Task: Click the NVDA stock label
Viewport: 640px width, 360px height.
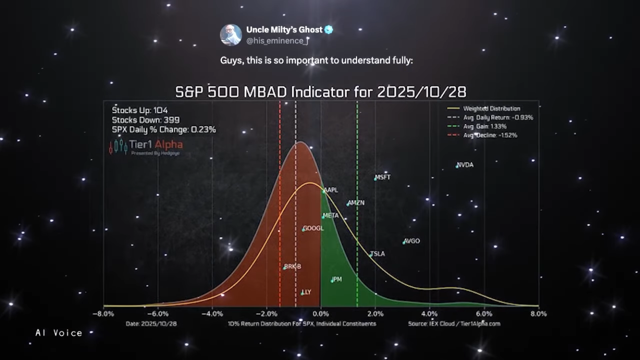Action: (x=465, y=165)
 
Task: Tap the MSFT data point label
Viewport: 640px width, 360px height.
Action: (x=383, y=177)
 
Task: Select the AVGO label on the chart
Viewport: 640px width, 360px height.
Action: (x=412, y=241)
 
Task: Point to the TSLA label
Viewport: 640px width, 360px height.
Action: (x=378, y=254)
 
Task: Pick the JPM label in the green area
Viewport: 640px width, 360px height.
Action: (x=337, y=279)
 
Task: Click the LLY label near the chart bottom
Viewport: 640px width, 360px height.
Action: (x=307, y=292)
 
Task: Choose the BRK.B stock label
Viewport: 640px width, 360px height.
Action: (x=293, y=267)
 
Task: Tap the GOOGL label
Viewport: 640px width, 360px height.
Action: (x=314, y=229)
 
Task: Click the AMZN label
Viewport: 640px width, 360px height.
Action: (x=357, y=203)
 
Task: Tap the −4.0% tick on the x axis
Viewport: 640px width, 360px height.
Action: (x=212, y=314)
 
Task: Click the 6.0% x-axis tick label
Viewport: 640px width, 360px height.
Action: (x=484, y=314)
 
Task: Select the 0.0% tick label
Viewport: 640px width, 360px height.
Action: (x=320, y=314)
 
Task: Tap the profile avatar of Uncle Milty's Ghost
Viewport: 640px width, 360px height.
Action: (x=231, y=35)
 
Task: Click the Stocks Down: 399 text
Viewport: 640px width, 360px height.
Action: (x=146, y=120)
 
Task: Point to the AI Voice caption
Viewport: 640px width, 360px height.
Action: (x=59, y=333)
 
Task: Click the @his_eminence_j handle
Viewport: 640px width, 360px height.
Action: (x=277, y=41)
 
